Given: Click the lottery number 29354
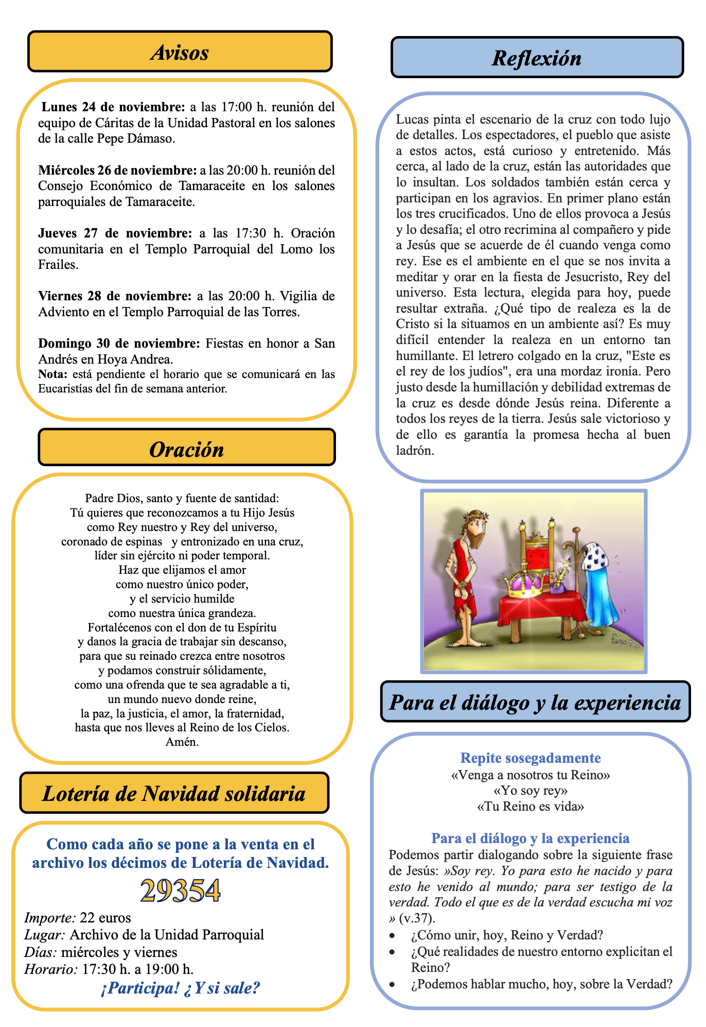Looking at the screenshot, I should [180, 891].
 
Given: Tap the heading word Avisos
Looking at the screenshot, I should [180, 53].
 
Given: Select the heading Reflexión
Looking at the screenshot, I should [536, 58].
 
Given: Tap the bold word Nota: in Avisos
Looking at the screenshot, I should [52, 374].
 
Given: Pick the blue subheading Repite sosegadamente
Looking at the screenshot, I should [530, 758].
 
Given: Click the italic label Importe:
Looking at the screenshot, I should [50, 918].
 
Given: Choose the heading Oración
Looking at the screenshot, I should [186, 450].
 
